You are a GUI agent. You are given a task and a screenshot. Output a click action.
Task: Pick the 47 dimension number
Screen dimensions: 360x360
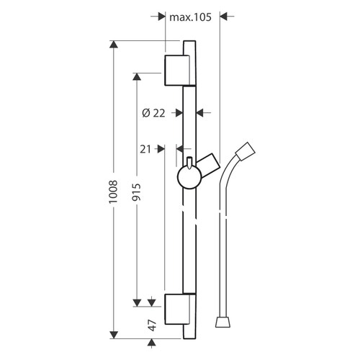(x=153, y=324)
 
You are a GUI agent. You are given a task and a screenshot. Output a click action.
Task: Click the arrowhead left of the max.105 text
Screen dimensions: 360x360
(x=161, y=15)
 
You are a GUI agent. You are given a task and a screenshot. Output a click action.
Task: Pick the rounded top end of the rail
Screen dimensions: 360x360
(x=189, y=45)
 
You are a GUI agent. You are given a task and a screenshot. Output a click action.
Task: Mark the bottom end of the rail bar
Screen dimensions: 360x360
(x=189, y=335)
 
